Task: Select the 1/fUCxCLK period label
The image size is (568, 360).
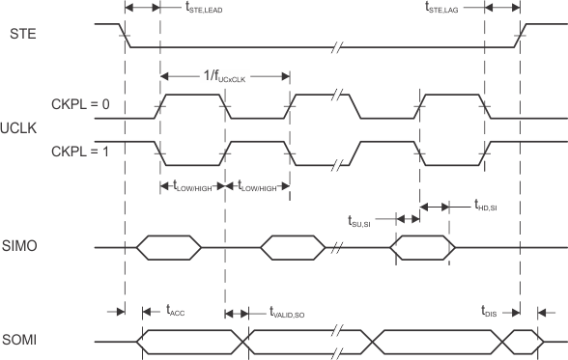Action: (224, 67)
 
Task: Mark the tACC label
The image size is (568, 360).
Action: (176, 311)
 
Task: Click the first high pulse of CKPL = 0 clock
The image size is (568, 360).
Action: (193, 94)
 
